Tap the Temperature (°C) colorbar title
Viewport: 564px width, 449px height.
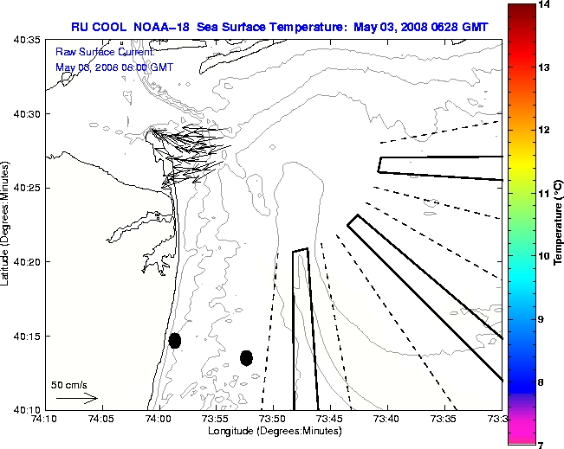click(x=559, y=224)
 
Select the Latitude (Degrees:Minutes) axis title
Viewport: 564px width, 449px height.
click(x=8, y=224)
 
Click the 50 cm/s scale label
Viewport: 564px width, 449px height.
click(x=69, y=384)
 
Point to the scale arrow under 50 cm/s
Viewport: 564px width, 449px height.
click(x=76, y=398)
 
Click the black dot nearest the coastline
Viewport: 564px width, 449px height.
click(x=175, y=340)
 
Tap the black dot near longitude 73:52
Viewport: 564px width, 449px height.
click(x=246, y=357)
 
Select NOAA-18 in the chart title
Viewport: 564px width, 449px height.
click(x=165, y=27)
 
